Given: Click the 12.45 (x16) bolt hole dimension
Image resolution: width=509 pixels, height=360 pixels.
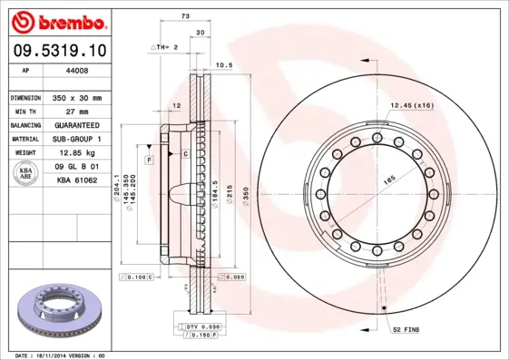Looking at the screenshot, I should [411, 106].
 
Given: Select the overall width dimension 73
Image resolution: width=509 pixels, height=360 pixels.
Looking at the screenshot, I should [185, 17].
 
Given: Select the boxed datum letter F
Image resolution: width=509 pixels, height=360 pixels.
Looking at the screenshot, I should [149, 160].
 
